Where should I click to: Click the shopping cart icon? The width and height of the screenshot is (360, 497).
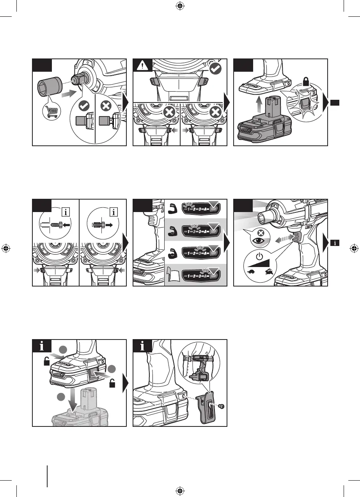click(50, 112)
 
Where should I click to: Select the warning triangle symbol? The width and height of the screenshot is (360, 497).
click(142, 67)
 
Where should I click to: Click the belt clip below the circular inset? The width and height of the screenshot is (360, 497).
click(205, 405)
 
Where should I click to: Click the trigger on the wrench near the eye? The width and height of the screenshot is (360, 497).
click(296, 237)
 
